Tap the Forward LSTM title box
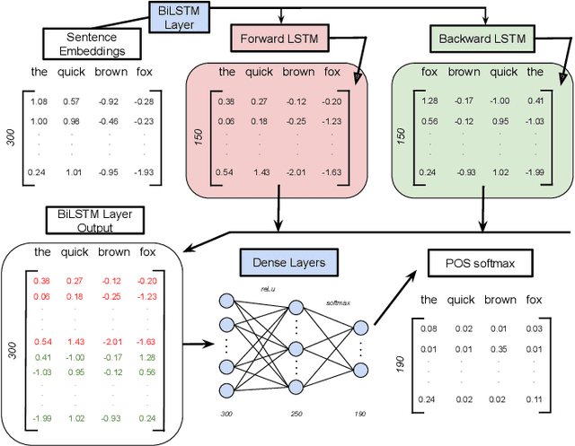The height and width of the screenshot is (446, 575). pos(279,39)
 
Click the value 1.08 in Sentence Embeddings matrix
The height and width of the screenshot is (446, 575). pos(39,101)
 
